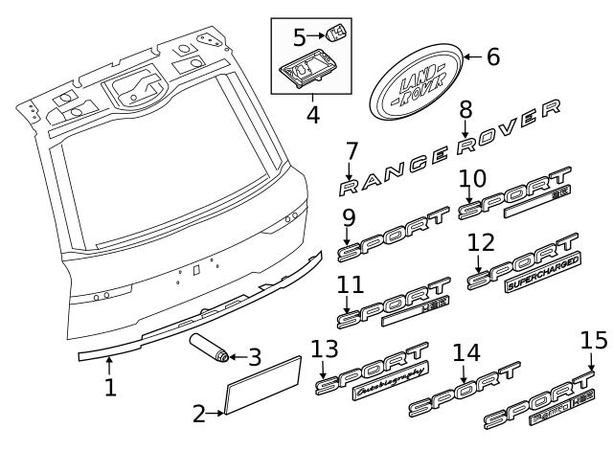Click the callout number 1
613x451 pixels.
click(x=110, y=388)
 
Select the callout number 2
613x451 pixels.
click(x=199, y=415)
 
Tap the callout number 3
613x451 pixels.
click(x=254, y=357)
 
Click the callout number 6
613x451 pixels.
click(x=493, y=57)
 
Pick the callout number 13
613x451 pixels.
click(x=326, y=352)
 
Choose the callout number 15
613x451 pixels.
click(x=594, y=342)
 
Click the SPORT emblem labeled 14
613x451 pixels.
click(x=464, y=393)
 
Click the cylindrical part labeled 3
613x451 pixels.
click(x=209, y=349)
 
